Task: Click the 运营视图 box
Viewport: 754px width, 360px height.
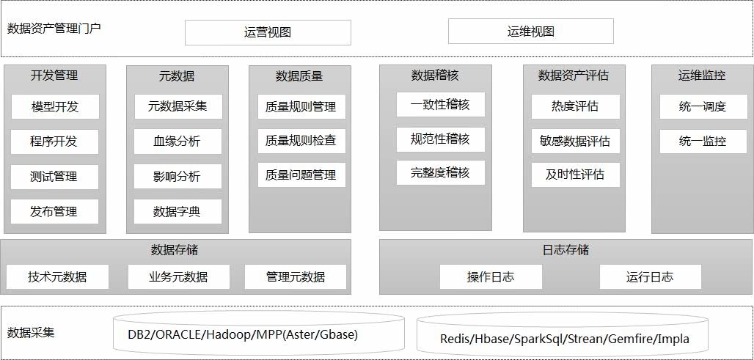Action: (x=268, y=32)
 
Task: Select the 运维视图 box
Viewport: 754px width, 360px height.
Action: (x=530, y=32)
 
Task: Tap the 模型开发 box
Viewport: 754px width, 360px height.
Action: (x=55, y=107)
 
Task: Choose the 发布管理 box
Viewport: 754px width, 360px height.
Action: (x=55, y=212)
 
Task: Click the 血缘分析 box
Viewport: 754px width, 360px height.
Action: (x=177, y=142)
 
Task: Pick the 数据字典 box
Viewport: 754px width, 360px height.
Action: (x=177, y=212)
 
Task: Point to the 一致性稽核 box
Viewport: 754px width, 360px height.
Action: (x=440, y=104)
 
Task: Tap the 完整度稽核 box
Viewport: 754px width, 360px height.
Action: (x=440, y=173)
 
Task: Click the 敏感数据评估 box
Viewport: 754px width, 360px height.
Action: (x=575, y=141)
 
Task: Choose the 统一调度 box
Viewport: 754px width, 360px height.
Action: (x=703, y=107)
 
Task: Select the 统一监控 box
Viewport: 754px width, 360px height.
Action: (x=703, y=141)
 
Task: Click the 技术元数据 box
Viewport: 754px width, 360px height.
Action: (x=57, y=276)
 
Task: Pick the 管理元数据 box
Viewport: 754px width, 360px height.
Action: (x=296, y=276)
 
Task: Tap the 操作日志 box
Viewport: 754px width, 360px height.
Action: (x=491, y=276)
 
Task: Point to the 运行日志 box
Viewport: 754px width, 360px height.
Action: (x=650, y=276)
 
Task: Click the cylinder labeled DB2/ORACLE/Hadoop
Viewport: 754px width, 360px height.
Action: (x=258, y=334)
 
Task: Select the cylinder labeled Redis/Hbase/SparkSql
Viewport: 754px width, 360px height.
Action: (x=565, y=338)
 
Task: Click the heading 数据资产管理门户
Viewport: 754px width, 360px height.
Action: (x=54, y=29)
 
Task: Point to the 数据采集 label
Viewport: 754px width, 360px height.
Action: (x=31, y=332)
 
